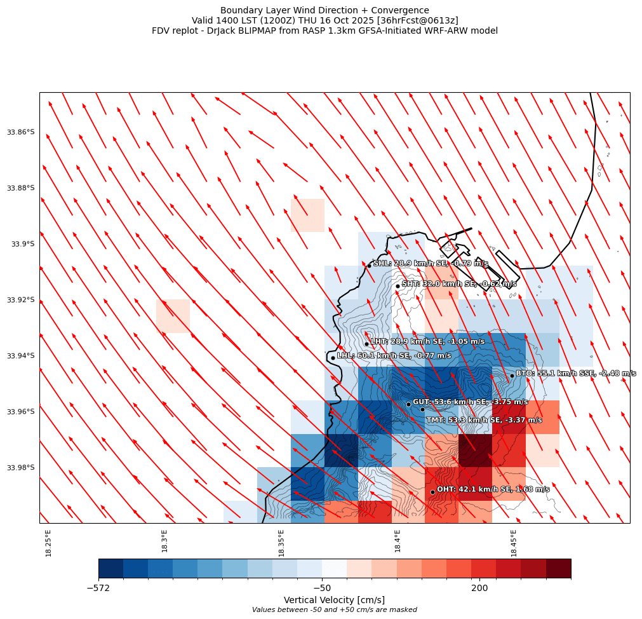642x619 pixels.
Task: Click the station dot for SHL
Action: click(x=369, y=266)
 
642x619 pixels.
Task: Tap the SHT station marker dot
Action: click(x=398, y=286)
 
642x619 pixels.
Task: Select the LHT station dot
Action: click(x=366, y=344)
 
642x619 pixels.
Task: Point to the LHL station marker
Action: click(x=333, y=358)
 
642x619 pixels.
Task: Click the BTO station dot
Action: click(x=512, y=376)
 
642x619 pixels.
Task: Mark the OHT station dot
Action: click(x=432, y=492)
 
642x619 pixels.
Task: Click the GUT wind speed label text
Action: click(x=470, y=402)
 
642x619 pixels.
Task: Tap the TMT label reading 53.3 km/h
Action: click(x=484, y=420)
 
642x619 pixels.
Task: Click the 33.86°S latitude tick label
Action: click(x=20, y=132)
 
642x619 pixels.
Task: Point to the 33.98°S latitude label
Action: click(x=20, y=468)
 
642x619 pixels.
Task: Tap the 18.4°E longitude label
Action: click(x=398, y=541)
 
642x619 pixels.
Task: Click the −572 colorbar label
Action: click(x=98, y=588)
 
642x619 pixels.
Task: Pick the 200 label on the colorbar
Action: click(x=479, y=588)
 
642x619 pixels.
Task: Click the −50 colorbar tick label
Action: click(x=322, y=588)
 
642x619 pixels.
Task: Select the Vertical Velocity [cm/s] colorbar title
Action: click(x=334, y=600)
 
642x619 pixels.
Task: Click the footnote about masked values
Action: click(x=334, y=610)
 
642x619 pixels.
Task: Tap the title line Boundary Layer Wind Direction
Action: click(x=324, y=10)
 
